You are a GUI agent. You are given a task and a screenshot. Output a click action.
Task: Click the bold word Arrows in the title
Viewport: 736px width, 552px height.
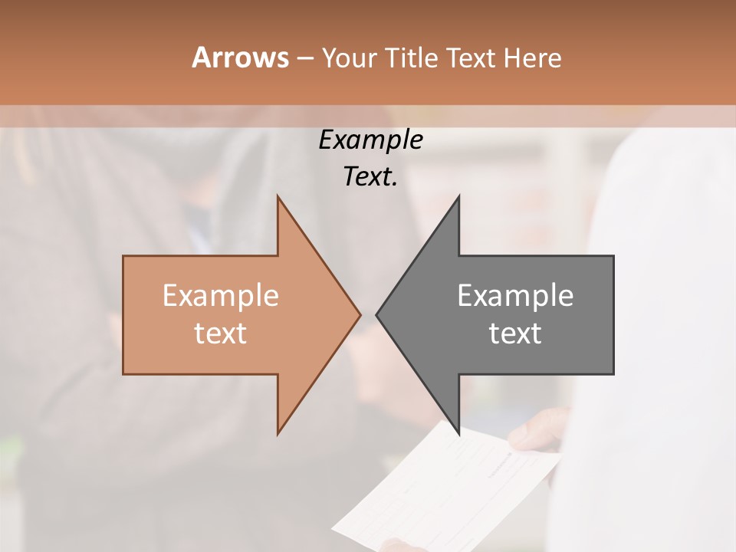tap(240, 58)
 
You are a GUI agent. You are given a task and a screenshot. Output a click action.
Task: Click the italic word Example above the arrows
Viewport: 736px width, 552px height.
tap(370, 140)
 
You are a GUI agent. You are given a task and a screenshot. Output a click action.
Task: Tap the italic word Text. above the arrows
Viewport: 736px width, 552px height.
tap(370, 176)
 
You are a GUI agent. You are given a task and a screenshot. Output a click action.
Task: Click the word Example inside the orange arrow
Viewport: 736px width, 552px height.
tap(220, 296)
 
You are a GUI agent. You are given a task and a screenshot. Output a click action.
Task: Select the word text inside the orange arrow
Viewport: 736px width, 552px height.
tap(220, 333)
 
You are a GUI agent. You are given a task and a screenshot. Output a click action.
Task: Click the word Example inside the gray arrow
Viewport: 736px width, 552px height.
tap(515, 296)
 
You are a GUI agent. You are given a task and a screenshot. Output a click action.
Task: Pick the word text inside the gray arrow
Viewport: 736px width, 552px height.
tap(515, 333)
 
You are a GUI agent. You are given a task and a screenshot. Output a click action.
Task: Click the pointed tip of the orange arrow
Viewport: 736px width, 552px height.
tap(360, 314)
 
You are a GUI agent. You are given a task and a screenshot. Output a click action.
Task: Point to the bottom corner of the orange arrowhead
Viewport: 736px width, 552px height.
tap(278, 432)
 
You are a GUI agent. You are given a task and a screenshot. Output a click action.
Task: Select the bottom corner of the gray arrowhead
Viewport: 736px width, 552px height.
tap(458, 432)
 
